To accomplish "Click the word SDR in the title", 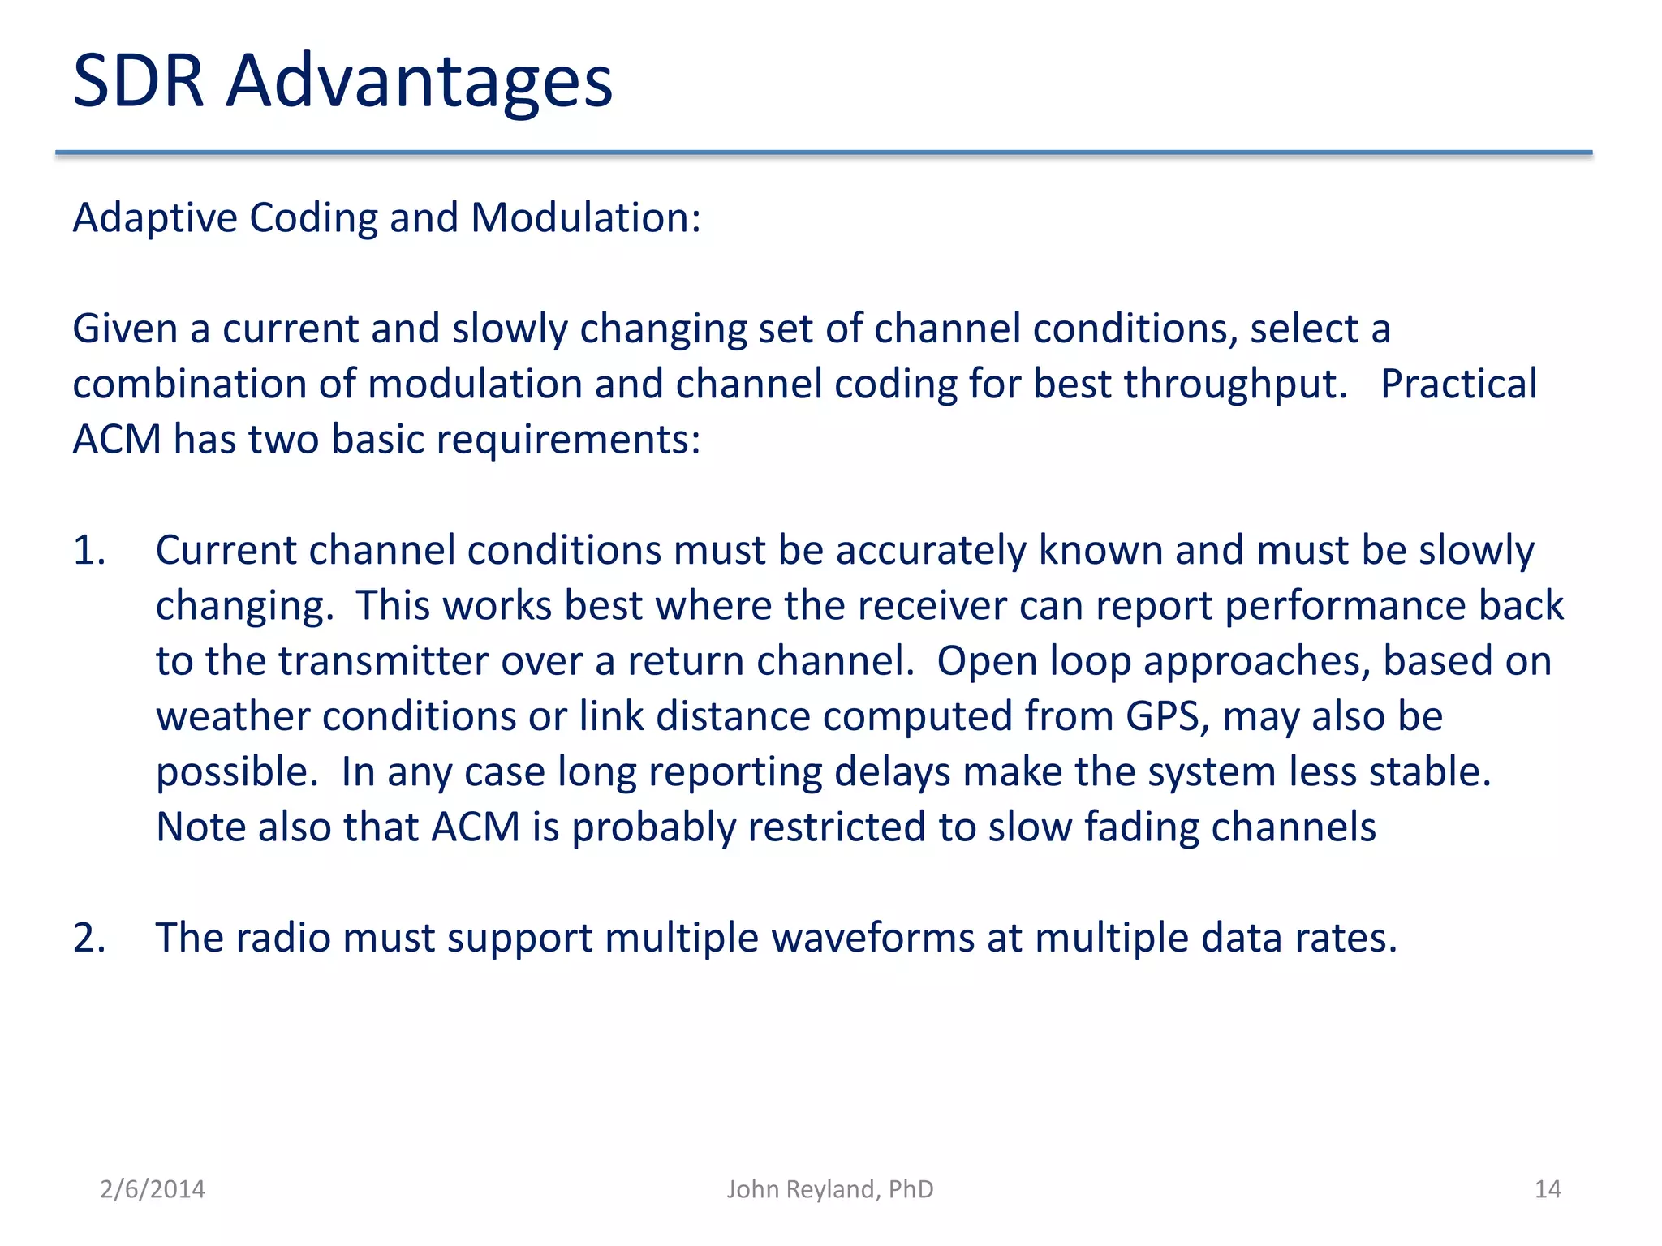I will [x=138, y=81].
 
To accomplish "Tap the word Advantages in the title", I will [x=419, y=83].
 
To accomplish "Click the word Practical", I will [x=1458, y=384].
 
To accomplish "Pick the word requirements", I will [x=568, y=441].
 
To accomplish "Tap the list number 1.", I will [x=89, y=551].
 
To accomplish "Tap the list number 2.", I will [x=89, y=939].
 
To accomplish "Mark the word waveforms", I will [x=872, y=939].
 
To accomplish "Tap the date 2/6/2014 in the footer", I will [x=153, y=1189].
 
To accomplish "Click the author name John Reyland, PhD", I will [x=829, y=1189].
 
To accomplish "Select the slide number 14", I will [x=1548, y=1189].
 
